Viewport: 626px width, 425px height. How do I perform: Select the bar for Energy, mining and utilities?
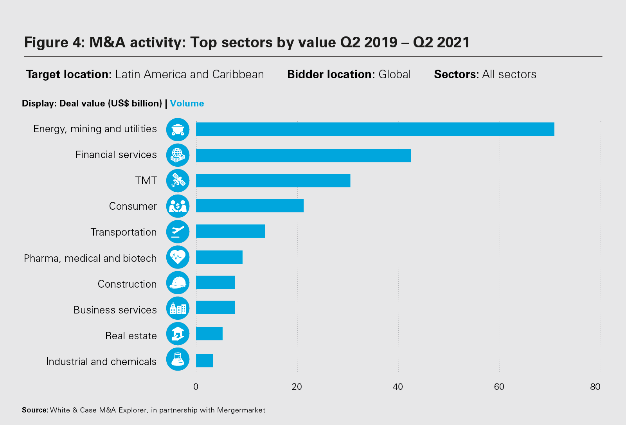[375, 129]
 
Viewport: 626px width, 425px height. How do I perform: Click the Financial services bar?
[303, 155]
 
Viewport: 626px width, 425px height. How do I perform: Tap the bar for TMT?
[273, 180]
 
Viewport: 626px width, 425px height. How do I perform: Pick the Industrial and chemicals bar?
[204, 360]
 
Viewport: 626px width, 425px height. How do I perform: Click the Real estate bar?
[209, 333]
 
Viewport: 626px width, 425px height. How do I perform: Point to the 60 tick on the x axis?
[499, 387]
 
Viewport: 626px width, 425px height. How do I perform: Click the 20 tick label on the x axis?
[297, 387]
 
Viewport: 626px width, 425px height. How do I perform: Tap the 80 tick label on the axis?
[595, 387]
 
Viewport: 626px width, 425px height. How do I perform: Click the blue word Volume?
[187, 103]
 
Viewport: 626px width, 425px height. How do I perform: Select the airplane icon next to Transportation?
[178, 232]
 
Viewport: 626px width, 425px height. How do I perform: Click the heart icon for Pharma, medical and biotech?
[178, 257]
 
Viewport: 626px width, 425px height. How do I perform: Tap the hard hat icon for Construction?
[178, 283]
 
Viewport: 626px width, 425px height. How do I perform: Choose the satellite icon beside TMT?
[178, 180]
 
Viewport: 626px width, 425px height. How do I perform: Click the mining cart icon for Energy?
[178, 129]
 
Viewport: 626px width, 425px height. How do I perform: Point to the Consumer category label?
[133, 206]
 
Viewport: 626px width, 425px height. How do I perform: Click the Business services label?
[115, 310]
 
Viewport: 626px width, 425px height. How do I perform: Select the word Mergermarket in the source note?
[241, 410]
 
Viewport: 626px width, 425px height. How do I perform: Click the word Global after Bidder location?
[394, 74]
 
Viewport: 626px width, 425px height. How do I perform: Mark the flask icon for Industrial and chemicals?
[178, 359]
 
